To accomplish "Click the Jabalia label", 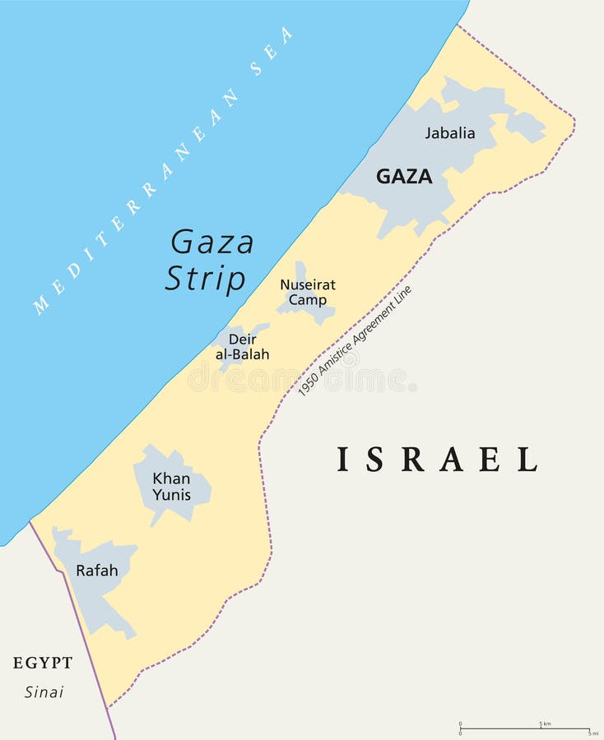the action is tap(449, 132).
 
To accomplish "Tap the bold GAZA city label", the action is tap(404, 176).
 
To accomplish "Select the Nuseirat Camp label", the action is tap(308, 293).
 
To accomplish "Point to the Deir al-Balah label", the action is tap(242, 347).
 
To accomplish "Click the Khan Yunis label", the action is tap(171, 486).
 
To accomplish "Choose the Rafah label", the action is tap(97, 570).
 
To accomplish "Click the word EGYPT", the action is tap(43, 663).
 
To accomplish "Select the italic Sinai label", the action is tap(44, 691).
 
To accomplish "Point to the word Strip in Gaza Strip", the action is tap(206, 279).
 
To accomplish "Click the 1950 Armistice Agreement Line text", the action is tap(355, 341).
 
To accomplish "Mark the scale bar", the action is tap(524, 729).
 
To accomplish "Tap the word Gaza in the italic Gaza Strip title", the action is tap(212, 243).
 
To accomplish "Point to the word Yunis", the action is tap(171, 494).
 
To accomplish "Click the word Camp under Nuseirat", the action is tap(307, 300).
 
